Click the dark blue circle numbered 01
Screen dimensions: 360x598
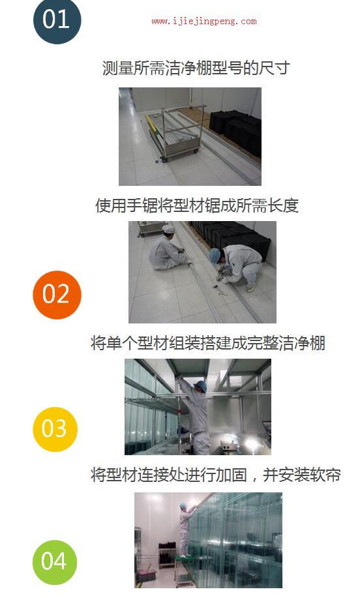pyautogui.click(x=57, y=20)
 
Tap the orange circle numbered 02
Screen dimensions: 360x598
pyautogui.click(x=57, y=295)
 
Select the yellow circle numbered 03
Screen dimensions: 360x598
pyautogui.click(x=55, y=429)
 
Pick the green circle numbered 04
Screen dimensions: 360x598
pyautogui.click(x=55, y=562)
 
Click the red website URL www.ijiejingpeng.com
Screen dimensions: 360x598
pyautogui.click(x=204, y=22)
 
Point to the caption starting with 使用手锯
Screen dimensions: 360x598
pyautogui.click(x=197, y=205)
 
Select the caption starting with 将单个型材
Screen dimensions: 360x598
pyautogui.click(x=208, y=343)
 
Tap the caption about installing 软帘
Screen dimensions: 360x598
pyautogui.click(x=215, y=475)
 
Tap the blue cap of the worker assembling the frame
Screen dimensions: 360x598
pyautogui.click(x=201, y=386)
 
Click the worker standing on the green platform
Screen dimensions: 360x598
pyautogui.click(x=186, y=530)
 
